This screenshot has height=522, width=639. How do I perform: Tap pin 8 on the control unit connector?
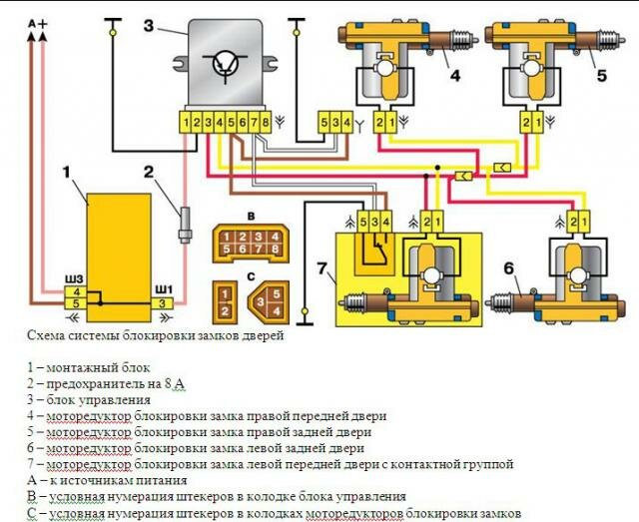[265, 123]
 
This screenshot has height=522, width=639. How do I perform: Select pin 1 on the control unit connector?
[187, 123]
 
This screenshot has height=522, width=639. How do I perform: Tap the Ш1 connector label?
[163, 289]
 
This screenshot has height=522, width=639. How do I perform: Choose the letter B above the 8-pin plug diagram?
[252, 216]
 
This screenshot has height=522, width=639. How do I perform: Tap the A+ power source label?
[39, 22]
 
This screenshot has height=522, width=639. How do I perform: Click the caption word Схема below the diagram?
[48, 336]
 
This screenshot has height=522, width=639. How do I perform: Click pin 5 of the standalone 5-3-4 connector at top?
[324, 123]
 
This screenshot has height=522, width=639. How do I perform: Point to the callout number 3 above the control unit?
[148, 26]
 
